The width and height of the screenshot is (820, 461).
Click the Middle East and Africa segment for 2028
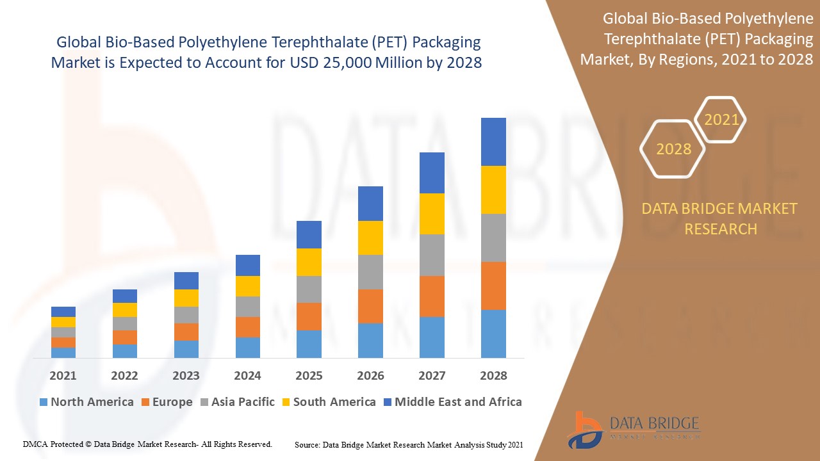click(x=493, y=142)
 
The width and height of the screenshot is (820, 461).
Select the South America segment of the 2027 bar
click(x=432, y=214)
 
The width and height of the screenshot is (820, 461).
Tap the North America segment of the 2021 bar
click(x=63, y=352)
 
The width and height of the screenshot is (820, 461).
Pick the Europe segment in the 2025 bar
click(x=309, y=316)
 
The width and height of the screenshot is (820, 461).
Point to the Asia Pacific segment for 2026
click(x=370, y=272)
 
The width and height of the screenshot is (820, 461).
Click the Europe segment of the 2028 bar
click(x=493, y=286)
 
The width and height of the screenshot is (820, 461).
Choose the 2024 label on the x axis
click(x=247, y=376)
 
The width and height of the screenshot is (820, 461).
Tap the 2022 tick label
click(x=124, y=376)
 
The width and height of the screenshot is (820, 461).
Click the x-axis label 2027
click(x=432, y=376)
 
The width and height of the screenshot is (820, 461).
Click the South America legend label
click(x=334, y=402)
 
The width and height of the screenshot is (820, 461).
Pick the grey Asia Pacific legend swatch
click(x=204, y=402)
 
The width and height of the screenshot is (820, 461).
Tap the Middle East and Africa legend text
click(x=458, y=402)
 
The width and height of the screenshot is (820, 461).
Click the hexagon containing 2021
click(x=721, y=120)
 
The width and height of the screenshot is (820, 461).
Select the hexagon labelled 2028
click(x=673, y=149)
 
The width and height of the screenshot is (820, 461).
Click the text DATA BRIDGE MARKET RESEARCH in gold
click(x=720, y=218)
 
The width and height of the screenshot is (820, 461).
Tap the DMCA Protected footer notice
click(x=147, y=444)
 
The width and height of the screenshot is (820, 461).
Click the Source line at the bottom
click(x=409, y=444)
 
